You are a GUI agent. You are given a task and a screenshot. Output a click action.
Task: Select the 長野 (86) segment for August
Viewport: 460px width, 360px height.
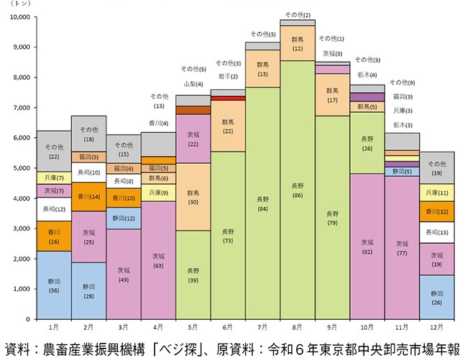click(298, 190)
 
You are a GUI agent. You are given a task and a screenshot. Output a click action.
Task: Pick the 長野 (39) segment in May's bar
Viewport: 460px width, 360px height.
click(193, 274)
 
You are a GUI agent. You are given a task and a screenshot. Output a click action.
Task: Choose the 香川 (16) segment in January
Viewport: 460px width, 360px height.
click(54, 236)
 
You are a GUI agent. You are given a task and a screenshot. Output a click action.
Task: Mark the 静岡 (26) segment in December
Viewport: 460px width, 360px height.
click(436, 297)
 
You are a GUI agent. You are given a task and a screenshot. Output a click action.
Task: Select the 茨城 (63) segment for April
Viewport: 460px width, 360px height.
click(158, 260)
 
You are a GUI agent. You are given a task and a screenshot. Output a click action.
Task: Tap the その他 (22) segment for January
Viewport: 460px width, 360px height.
click(54, 152)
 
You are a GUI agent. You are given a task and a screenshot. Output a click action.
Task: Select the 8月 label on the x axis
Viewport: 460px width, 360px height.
click(298, 327)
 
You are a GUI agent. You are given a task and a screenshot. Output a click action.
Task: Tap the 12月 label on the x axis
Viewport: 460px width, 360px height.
click(436, 327)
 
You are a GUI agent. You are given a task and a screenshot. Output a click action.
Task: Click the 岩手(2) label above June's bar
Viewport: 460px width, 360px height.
click(228, 75)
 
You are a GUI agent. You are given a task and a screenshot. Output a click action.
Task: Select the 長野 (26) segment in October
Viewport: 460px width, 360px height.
click(367, 143)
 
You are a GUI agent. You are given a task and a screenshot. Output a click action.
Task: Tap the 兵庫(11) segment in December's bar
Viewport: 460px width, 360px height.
click(436, 193)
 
